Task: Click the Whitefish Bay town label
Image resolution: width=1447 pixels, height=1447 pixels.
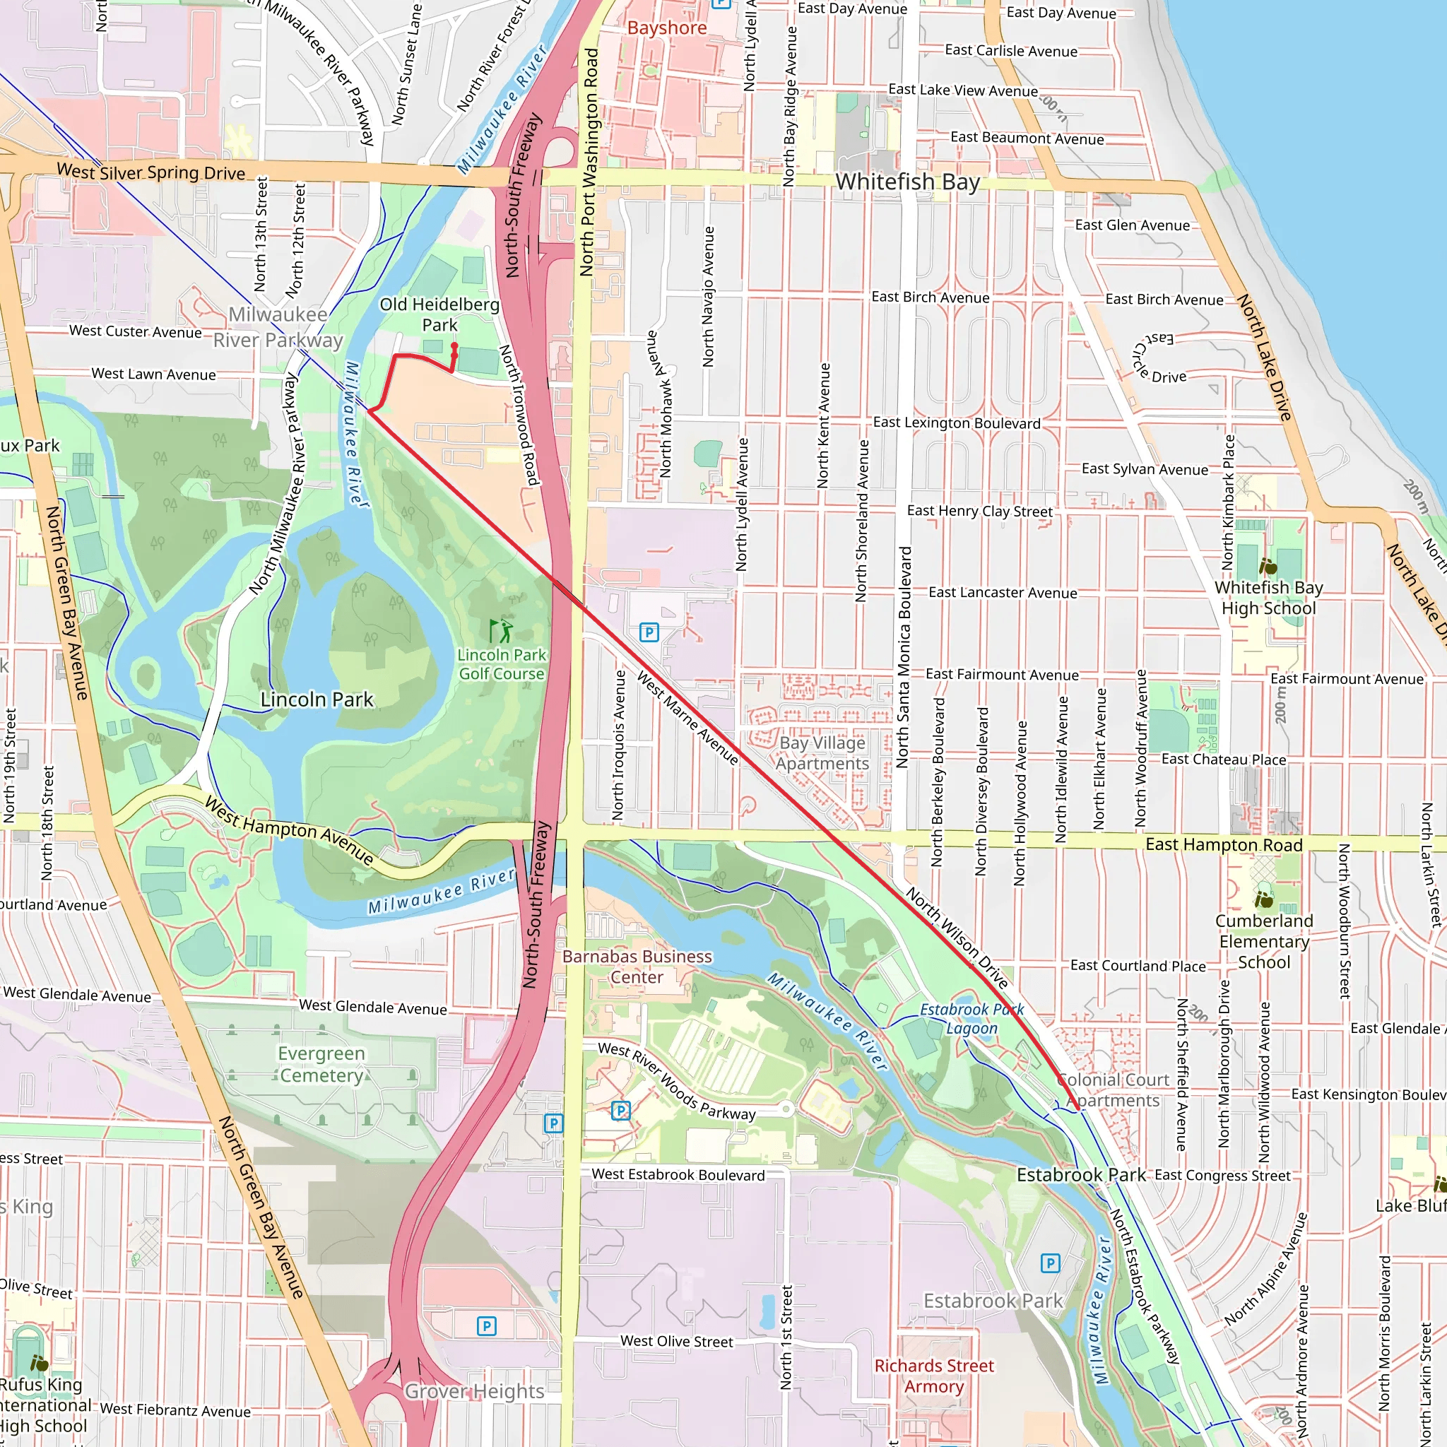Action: coord(907,182)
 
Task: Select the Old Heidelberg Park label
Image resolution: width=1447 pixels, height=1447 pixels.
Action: coord(439,314)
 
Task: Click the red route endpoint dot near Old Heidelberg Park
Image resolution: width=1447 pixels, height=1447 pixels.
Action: coord(454,346)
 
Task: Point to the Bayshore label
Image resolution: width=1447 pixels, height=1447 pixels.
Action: coord(666,28)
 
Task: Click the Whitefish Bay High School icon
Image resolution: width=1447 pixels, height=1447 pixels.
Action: coord(1268,565)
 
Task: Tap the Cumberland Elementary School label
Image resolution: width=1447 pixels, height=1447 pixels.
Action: coord(1263,941)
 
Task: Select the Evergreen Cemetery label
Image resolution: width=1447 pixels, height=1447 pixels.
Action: coord(321,1064)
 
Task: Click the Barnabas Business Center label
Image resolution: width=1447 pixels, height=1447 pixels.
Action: coord(637,967)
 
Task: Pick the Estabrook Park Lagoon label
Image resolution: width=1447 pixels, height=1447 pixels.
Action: coord(971,1019)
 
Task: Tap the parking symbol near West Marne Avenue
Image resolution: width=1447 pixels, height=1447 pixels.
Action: coord(649,633)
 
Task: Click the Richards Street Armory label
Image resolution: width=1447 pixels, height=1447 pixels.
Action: coord(934,1376)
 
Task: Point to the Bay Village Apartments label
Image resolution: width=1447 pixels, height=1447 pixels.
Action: coord(822,753)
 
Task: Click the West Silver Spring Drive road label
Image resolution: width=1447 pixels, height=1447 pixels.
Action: coord(151,172)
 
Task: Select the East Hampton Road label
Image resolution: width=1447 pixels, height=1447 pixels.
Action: coord(1224,845)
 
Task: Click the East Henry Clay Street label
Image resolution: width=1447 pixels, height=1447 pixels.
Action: coord(980,511)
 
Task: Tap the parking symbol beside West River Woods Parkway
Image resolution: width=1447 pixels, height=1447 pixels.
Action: coord(621,1111)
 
